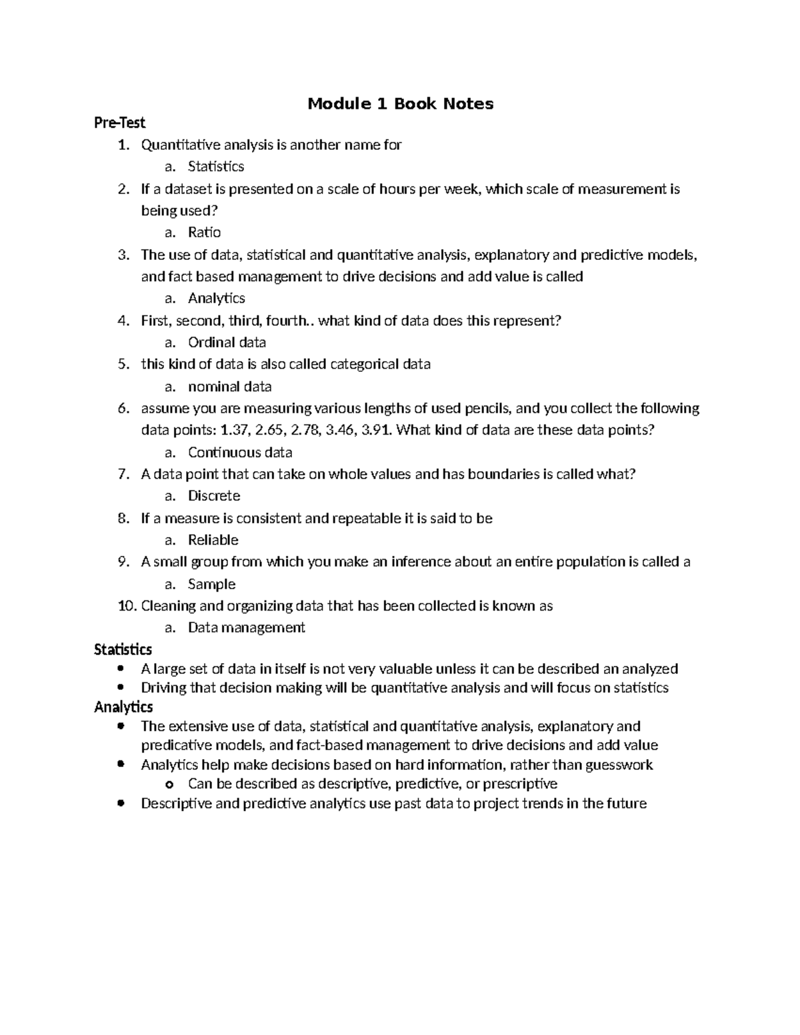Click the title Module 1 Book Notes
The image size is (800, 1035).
[400, 104]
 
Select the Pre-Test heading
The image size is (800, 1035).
[119, 123]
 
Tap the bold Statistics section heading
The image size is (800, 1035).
[123, 649]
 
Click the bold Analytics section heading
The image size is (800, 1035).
[123, 706]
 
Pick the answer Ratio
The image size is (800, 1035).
[204, 233]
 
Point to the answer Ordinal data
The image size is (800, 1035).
[227, 343]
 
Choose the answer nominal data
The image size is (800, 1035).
[229, 387]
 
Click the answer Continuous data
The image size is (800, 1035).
[240, 453]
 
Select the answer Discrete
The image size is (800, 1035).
[214, 496]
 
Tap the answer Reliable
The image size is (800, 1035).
[213, 540]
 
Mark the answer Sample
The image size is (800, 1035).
[211, 584]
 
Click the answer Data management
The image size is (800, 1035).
[246, 628]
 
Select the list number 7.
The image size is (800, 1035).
[123, 475]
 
